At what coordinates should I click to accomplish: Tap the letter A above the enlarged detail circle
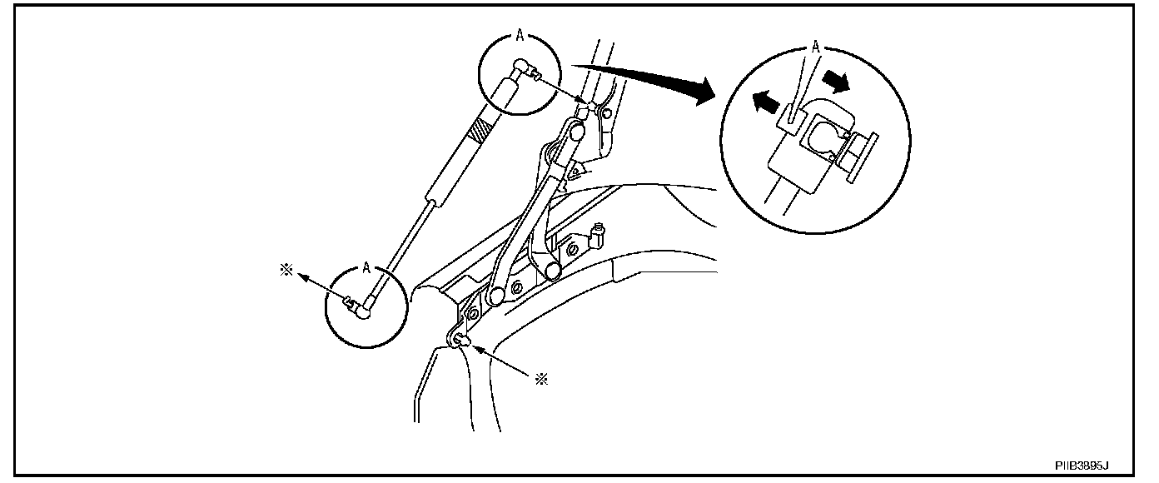pyautogui.click(x=816, y=49)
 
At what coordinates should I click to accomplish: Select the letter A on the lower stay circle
pyautogui.click(x=366, y=268)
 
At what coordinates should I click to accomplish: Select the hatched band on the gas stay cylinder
pyautogui.click(x=481, y=131)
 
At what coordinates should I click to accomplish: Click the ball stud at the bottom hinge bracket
pyautogui.click(x=462, y=339)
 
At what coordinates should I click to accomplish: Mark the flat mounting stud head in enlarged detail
pyautogui.click(x=858, y=158)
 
